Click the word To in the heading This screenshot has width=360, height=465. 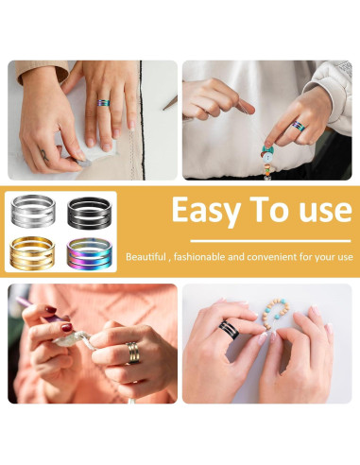pos(267,209)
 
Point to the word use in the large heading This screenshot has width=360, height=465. pos(320,211)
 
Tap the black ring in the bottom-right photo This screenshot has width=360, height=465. pos(231,329)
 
